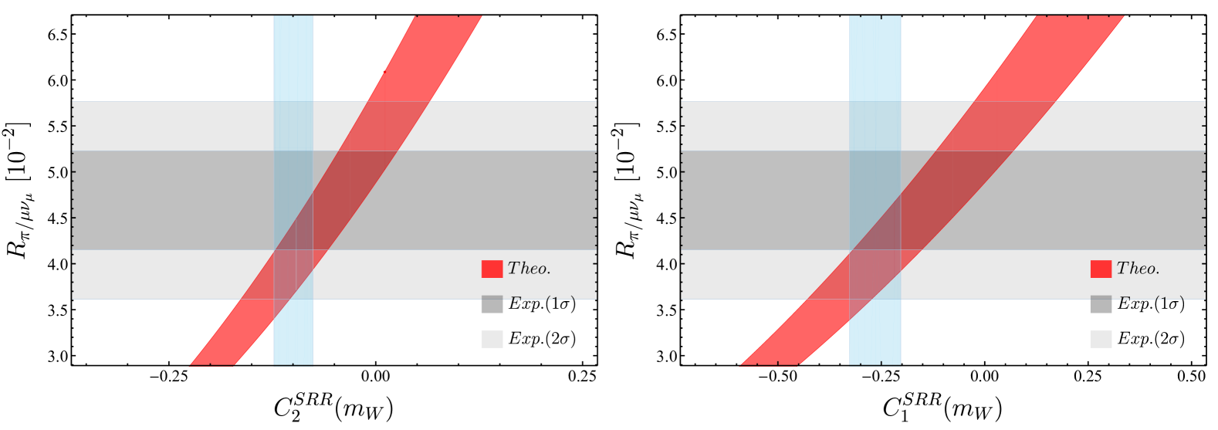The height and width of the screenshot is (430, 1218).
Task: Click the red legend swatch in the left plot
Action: [x=492, y=269]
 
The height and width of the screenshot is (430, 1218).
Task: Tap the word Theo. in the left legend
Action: [x=529, y=269]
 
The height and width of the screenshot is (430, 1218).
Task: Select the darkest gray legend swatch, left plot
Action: [x=492, y=304]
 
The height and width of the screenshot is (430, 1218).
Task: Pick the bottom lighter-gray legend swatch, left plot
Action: [x=492, y=339]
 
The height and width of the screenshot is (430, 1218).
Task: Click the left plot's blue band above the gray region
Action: [x=293, y=58]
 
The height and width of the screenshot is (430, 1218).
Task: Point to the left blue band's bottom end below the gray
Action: [x=293, y=340]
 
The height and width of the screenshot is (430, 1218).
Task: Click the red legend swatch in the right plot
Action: [x=1101, y=269]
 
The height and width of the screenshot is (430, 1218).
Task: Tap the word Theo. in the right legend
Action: [x=1138, y=269]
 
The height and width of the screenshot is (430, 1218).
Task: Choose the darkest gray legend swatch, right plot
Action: [x=1101, y=304]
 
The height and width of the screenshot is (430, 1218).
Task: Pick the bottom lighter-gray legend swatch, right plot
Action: [x=1101, y=339]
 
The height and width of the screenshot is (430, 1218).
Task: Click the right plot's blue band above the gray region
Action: [x=875, y=58]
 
